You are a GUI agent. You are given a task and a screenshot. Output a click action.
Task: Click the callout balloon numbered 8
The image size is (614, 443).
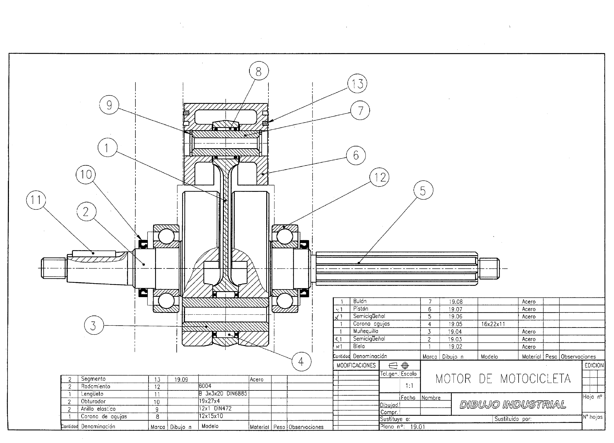click(x=259, y=71)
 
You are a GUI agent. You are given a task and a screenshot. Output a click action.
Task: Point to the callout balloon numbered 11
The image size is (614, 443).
click(x=36, y=200)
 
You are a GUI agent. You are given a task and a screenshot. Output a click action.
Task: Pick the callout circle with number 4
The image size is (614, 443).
click(x=301, y=361)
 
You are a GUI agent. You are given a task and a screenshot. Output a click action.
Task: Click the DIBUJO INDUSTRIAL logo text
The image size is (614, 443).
click(x=512, y=405)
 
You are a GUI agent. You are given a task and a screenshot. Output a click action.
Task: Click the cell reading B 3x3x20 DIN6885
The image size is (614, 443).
click(x=223, y=393)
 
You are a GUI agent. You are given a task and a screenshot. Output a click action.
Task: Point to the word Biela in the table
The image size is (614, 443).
click(x=359, y=346)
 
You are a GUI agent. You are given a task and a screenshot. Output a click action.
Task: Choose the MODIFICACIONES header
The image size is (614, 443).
click(x=356, y=365)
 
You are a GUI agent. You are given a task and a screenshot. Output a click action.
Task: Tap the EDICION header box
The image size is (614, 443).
click(x=594, y=365)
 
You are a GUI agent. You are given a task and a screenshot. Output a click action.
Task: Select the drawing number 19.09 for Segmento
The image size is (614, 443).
click(x=181, y=379)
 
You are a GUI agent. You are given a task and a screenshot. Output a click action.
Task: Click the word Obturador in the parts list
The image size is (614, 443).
click(x=93, y=401)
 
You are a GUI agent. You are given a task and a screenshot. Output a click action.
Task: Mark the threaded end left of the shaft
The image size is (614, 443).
click(x=53, y=268)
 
